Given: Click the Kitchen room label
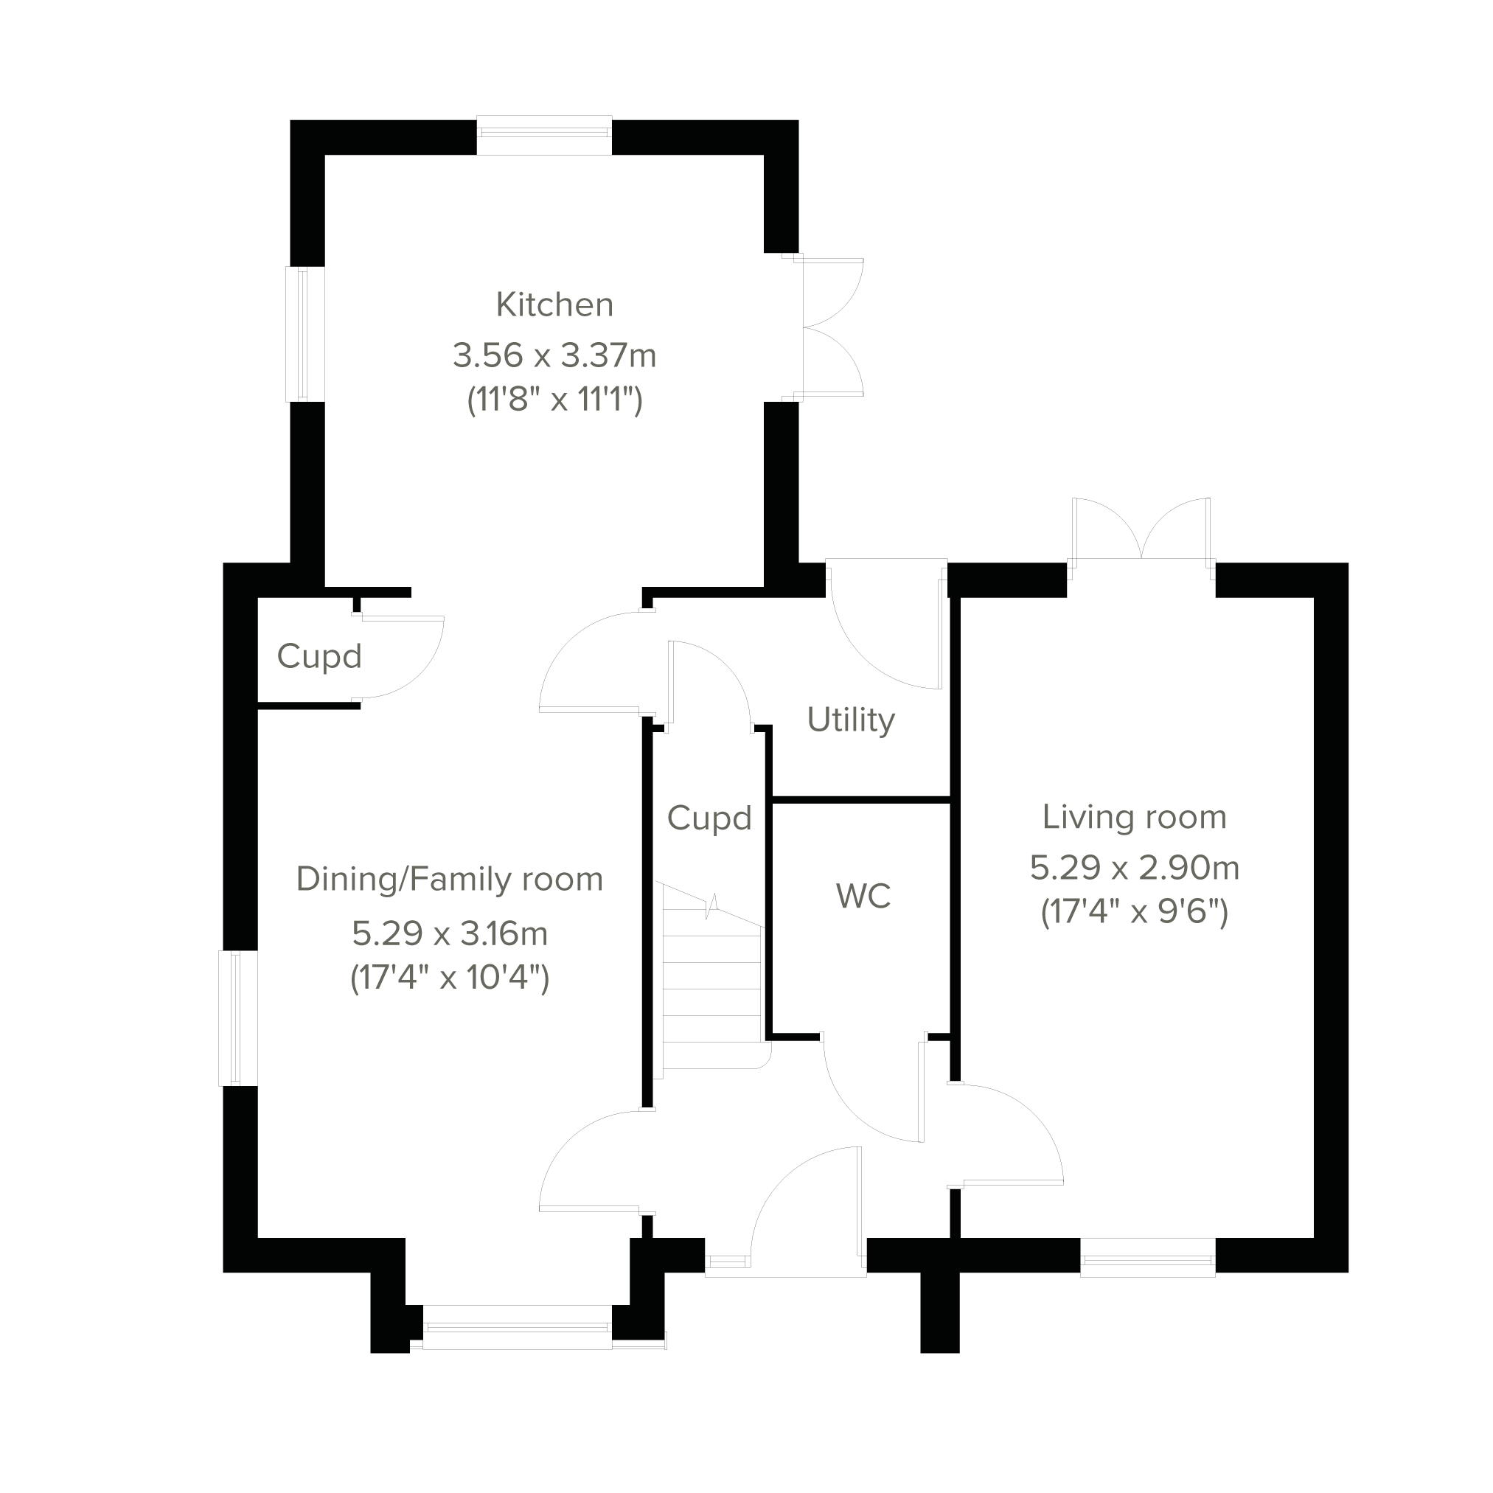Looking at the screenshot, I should click(x=554, y=305).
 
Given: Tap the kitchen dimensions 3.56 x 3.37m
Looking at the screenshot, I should click(x=554, y=356).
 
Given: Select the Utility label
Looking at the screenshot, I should click(x=850, y=720).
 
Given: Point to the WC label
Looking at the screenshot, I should click(x=863, y=897).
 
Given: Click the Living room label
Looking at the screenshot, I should click(x=1134, y=818).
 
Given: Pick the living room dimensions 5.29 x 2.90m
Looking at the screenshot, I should click(x=1134, y=868).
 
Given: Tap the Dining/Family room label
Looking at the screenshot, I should click(x=449, y=880).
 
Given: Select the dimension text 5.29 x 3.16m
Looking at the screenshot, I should click(x=449, y=934).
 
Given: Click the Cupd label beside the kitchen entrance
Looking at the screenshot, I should click(x=319, y=657).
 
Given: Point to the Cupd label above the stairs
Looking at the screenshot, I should click(x=709, y=818).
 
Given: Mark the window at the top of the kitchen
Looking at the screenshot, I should click(x=544, y=135).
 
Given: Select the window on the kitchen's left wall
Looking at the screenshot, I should click(x=305, y=334).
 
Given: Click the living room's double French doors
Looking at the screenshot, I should click(x=1141, y=533).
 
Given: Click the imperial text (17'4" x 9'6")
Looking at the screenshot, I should click(x=1134, y=913).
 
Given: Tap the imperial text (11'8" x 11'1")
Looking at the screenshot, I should click(x=554, y=400).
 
